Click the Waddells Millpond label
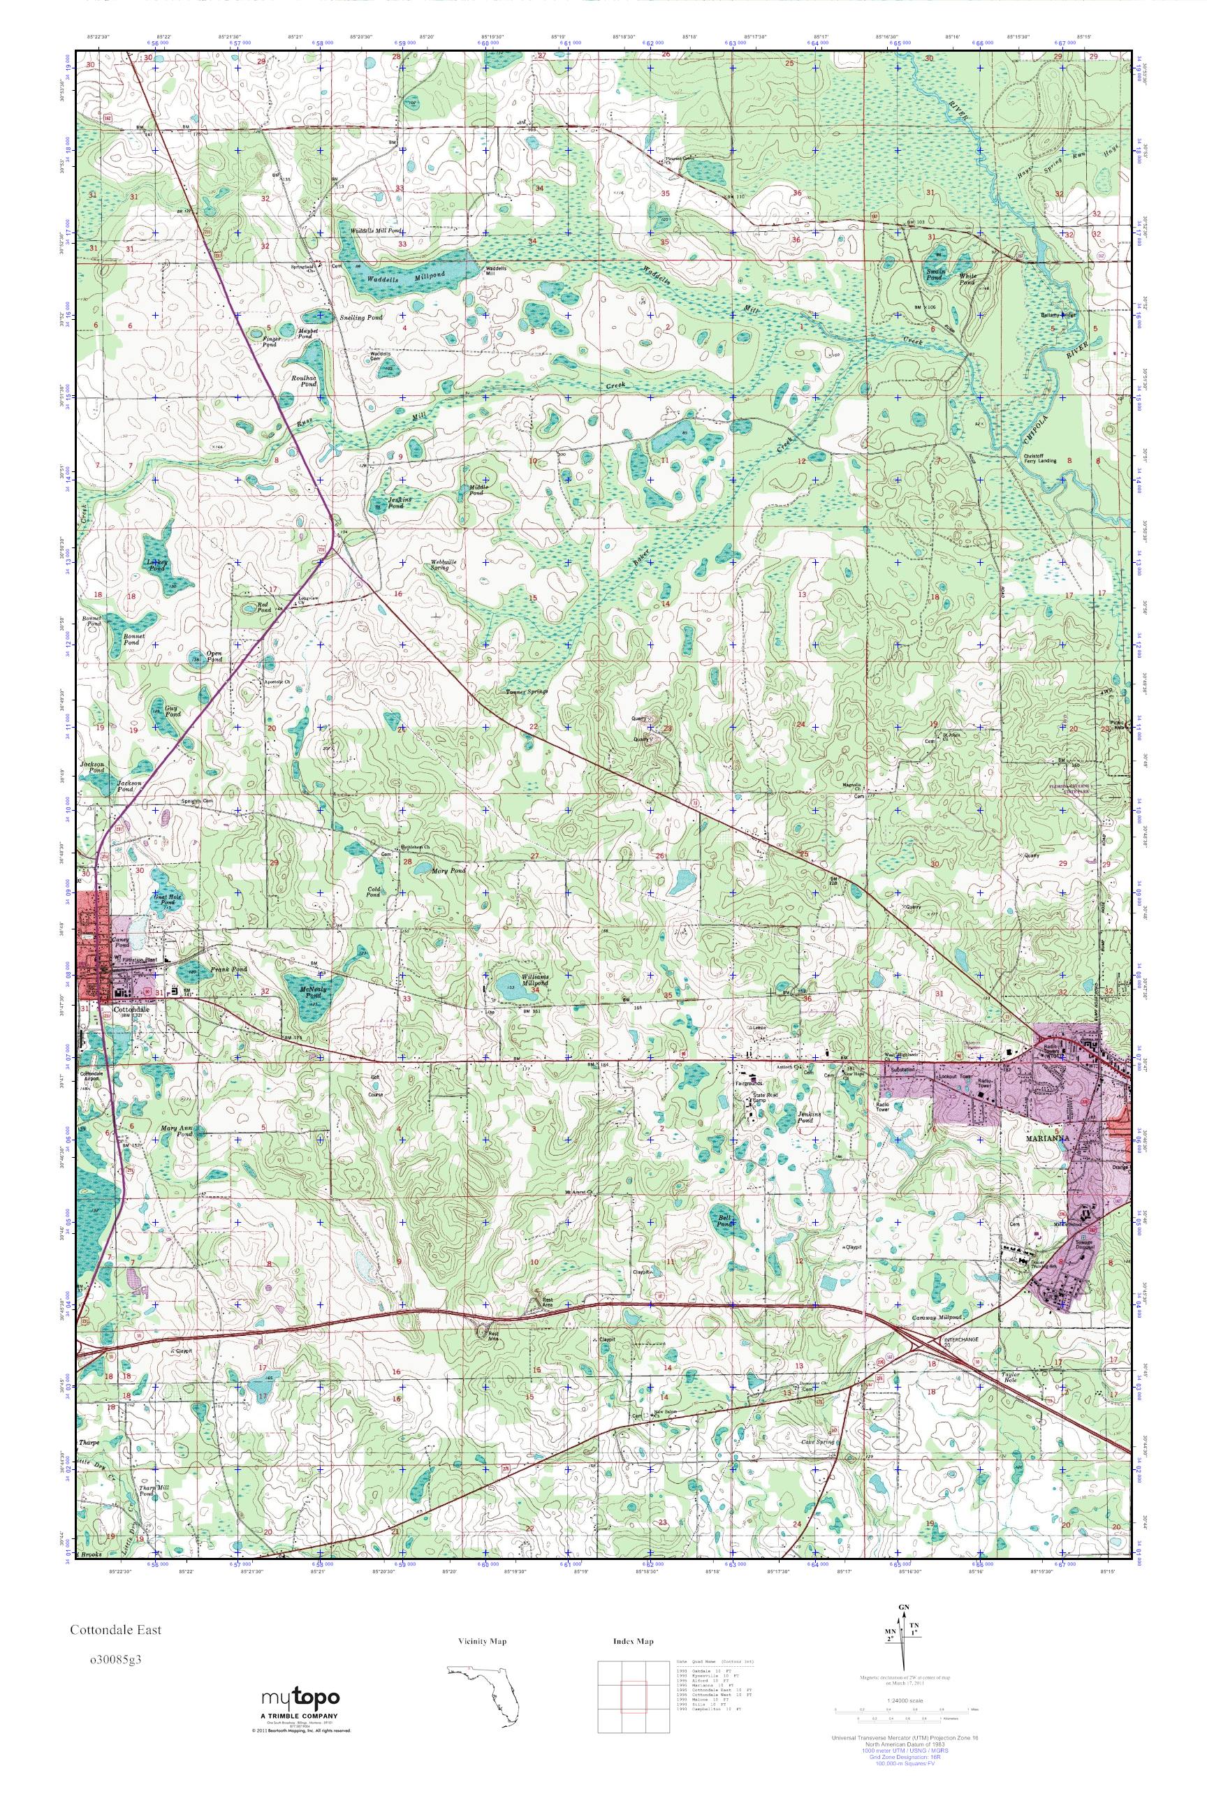pyautogui.click(x=379, y=281)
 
